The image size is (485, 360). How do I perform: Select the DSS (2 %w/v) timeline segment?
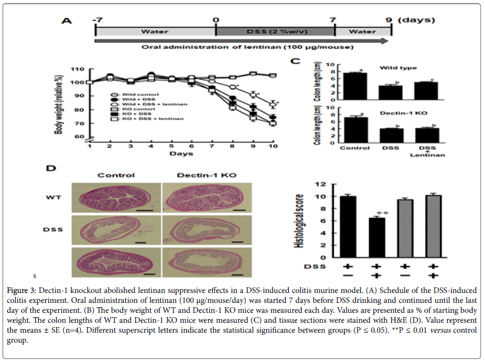click(x=275, y=32)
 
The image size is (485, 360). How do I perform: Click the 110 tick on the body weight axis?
click(x=77, y=69)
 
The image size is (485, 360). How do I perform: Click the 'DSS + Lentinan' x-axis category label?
click(x=427, y=151)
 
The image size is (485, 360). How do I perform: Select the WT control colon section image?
click(x=116, y=197)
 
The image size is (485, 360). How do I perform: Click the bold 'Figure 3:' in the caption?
click(x=22, y=290)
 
